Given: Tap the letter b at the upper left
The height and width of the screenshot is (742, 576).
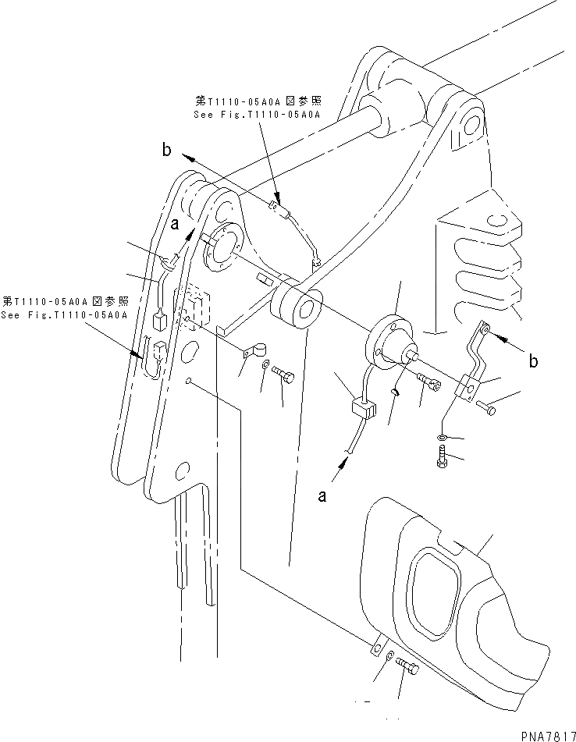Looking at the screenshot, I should pyautogui.click(x=165, y=150).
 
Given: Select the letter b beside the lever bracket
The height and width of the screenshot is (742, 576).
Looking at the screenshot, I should pyautogui.click(x=534, y=360).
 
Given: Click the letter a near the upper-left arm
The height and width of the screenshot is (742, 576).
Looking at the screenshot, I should pyautogui.click(x=176, y=224).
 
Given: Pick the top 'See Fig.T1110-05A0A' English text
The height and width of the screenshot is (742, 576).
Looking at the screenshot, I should pyautogui.click(x=258, y=114).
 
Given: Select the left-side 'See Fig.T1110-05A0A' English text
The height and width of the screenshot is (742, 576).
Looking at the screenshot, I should pyautogui.click(x=65, y=314).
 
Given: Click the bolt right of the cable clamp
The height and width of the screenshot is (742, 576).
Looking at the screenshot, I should pyautogui.click(x=286, y=378).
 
